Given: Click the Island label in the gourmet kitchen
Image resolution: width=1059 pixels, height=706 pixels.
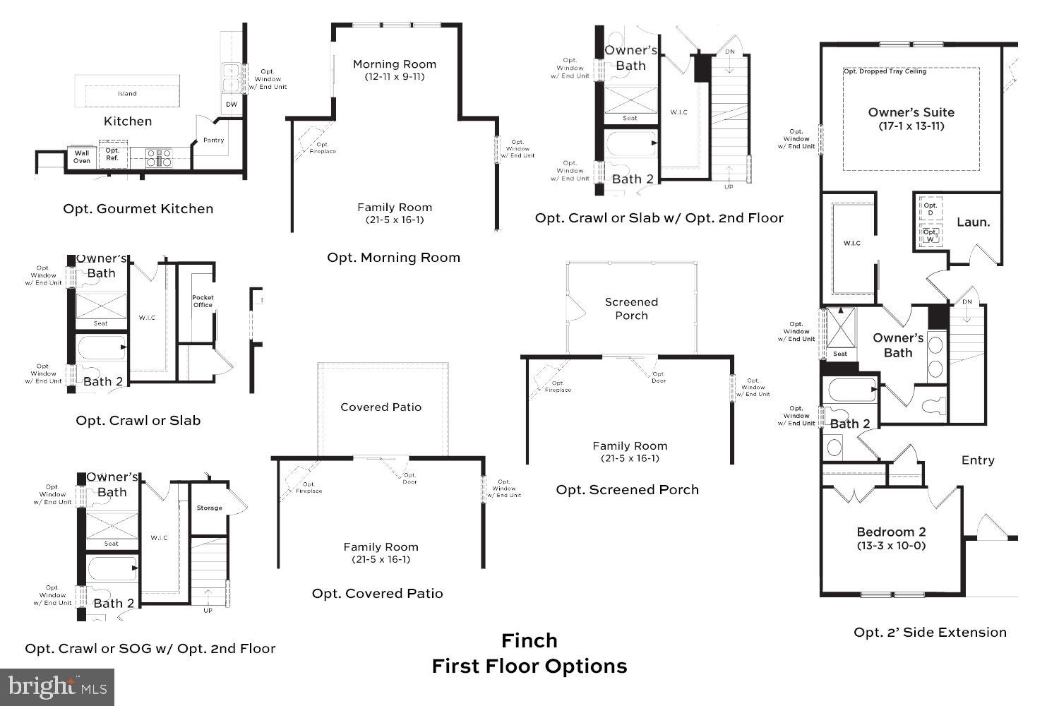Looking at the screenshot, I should tap(127, 93).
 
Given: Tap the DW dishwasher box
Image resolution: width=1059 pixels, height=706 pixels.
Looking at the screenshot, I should tap(232, 104).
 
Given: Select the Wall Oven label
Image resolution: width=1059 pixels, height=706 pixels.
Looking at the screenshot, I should tap(82, 157).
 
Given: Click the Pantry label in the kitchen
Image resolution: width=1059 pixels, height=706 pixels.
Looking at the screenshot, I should tap(213, 140).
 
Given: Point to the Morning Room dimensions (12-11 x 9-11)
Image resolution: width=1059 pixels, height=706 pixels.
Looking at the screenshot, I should tap(395, 76).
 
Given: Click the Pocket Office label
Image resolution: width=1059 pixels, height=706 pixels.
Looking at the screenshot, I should tap(203, 301).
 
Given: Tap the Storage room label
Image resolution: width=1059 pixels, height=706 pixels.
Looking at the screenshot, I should tap(209, 508).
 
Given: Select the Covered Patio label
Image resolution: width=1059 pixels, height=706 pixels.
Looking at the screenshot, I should tap(381, 407).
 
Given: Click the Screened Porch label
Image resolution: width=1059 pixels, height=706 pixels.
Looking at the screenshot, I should tap(631, 309).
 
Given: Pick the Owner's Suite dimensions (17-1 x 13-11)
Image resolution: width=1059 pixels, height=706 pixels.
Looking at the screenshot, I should tap(911, 126).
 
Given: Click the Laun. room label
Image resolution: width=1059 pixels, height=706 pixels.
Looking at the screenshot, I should tap(973, 222).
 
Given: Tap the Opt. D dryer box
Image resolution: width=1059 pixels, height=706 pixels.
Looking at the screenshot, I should tap(931, 209).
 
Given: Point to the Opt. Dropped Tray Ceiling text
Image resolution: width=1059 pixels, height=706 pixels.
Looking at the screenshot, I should tap(885, 71).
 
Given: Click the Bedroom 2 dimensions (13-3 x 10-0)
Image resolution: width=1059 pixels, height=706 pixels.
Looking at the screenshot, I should tap(891, 546).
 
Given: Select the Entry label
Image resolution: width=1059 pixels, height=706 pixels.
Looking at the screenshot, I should tap(978, 460).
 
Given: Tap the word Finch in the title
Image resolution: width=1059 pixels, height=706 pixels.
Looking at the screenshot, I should tap(529, 640).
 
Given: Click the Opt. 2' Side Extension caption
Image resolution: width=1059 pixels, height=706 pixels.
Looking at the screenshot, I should tap(930, 633).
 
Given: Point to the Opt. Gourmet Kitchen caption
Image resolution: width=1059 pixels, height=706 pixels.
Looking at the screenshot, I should tap(138, 209).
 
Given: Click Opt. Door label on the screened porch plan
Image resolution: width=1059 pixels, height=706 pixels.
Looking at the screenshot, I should tap(658, 378).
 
